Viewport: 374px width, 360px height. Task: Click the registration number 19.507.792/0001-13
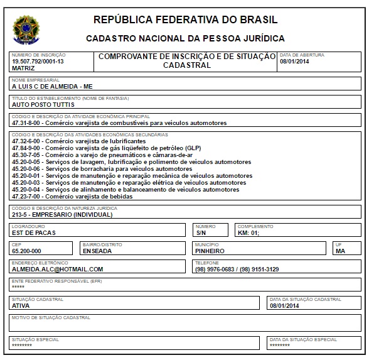[x=38, y=61]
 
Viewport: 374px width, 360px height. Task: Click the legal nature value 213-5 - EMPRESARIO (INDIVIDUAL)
[x=62, y=214]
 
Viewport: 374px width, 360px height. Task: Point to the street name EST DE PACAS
[x=34, y=232]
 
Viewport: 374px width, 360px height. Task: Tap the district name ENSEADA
[x=97, y=251]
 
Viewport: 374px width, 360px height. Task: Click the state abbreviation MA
[x=341, y=251]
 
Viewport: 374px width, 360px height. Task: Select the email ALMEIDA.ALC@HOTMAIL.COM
[x=57, y=269]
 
